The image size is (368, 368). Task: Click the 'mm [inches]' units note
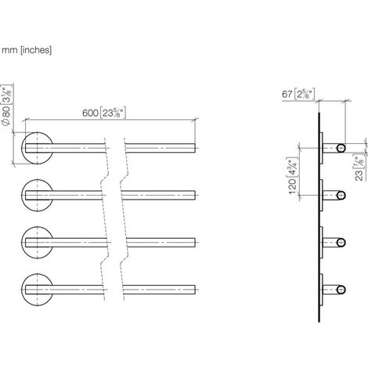click(x=27, y=50)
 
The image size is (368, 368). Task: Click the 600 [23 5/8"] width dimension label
click(x=104, y=113)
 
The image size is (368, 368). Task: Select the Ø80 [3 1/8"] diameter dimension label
click(x=6, y=105)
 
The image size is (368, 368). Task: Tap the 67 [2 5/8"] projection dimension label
click(x=298, y=94)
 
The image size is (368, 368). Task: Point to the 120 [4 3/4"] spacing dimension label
click(x=293, y=175)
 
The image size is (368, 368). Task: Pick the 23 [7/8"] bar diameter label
click(x=359, y=168)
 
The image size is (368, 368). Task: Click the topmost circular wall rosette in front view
click(x=37, y=148)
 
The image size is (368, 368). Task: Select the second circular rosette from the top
click(x=37, y=196)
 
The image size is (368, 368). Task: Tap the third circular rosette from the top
click(x=37, y=243)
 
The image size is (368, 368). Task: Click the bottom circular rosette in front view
click(x=37, y=290)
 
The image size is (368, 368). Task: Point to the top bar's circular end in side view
click(x=341, y=148)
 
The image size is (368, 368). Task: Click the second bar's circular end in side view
click(x=341, y=196)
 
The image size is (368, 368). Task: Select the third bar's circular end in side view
click(x=341, y=243)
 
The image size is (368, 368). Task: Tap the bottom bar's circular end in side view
click(x=341, y=290)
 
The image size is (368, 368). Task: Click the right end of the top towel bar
click(x=195, y=148)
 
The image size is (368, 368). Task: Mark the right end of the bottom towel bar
click(x=195, y=290)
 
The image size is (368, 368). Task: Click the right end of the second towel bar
click(x=195, y=195)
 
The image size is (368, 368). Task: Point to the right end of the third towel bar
click(x=195, y=243)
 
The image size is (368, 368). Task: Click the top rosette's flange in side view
click(x=322, y=148)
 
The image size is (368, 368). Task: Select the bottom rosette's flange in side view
click(x=322, y=290)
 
